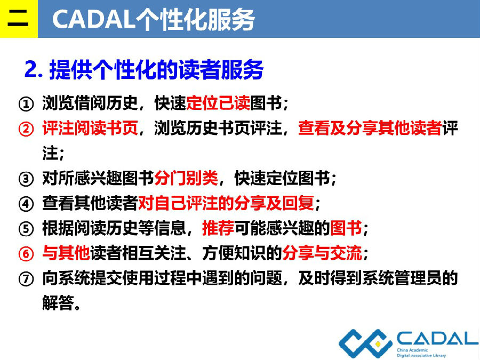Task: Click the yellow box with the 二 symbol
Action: click(x=19, y=19)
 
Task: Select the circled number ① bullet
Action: click(x=26, y=103)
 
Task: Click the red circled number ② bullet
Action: click(x=26, y=129)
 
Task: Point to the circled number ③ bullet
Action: click(x=26, y=179)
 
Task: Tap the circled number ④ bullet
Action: click(x=26, y=204)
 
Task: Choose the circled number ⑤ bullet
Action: click(x=26, y=229)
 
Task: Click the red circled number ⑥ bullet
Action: click(x=26, y=254)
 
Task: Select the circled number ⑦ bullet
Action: click(x=26, y=279)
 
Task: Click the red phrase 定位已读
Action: click(x=218, y=102)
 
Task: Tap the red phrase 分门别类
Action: click(x=186, y=178)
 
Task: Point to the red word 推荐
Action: click(x=218, y=228)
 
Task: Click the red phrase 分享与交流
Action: click(x=322, y=253)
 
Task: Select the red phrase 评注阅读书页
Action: click(x=90, y=127)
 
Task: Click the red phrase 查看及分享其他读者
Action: click(x=370, y=127)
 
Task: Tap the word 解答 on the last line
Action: click(x=58, y=303)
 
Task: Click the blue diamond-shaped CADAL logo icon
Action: click(x=365, y=344)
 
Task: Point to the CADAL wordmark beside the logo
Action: click(x=438, y=339)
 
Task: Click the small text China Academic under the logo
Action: click(x=412, y=350)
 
